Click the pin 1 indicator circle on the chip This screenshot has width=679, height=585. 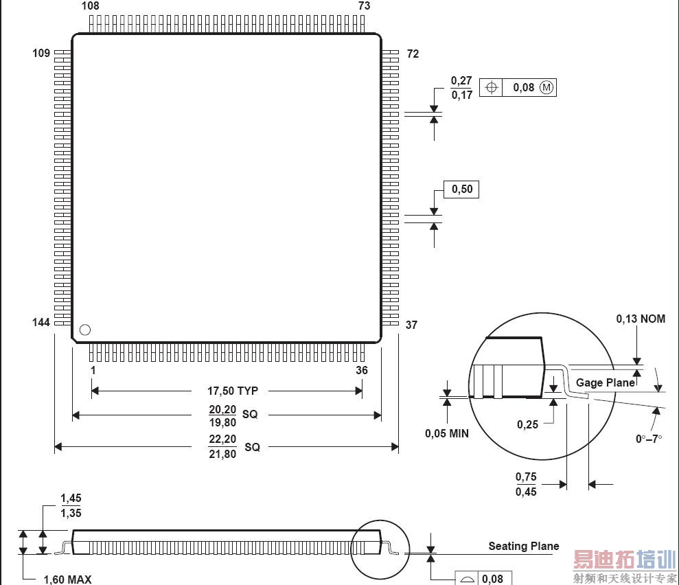[85, 330]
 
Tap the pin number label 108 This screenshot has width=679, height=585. [90, 6]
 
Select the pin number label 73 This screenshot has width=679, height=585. [364, 6]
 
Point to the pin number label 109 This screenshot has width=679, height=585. [41, 54]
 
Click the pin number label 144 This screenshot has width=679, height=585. [41, 322]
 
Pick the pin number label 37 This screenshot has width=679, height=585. [411, 325]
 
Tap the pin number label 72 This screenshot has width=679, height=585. [413, 54]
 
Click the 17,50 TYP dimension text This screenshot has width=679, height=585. [233, 391]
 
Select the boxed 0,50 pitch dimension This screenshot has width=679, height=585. [462, 190]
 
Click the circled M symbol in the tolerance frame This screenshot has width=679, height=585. [546, 87]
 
